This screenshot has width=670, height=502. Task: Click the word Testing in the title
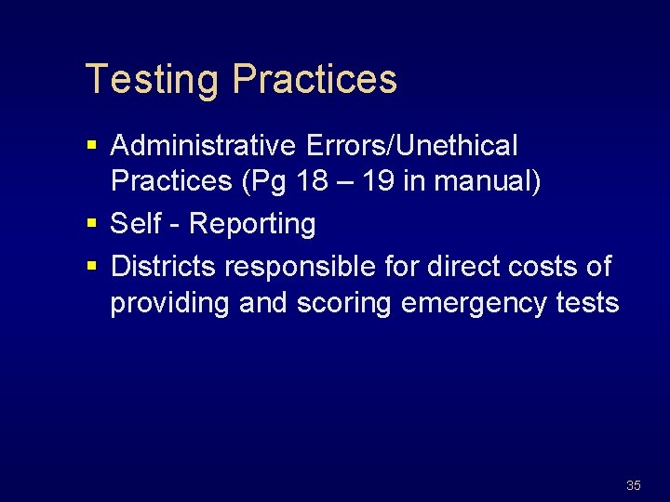(x=154, y=80)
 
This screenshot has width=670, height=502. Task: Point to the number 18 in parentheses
(x=313, y=181)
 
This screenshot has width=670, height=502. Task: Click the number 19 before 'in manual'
(x=377, y=181)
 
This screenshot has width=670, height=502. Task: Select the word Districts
(x=164, y=267)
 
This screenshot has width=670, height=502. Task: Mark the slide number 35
(x=634, y=485)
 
